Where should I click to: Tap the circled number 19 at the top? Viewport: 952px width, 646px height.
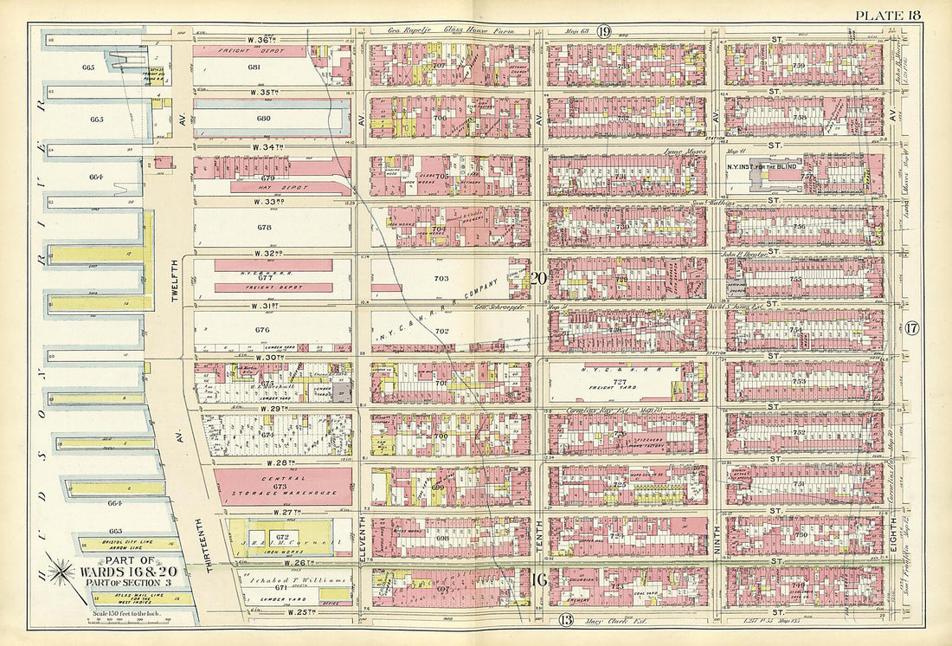pyautogui.click(x=603, y=31)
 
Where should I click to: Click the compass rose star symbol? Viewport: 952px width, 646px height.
pyautogui.click(x=61, y=572)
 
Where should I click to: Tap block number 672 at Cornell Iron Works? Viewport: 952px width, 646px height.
pyautogui.click(x=282, y=537)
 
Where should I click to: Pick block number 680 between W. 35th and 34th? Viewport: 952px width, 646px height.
pyautogui.click(x=254, y=119)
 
